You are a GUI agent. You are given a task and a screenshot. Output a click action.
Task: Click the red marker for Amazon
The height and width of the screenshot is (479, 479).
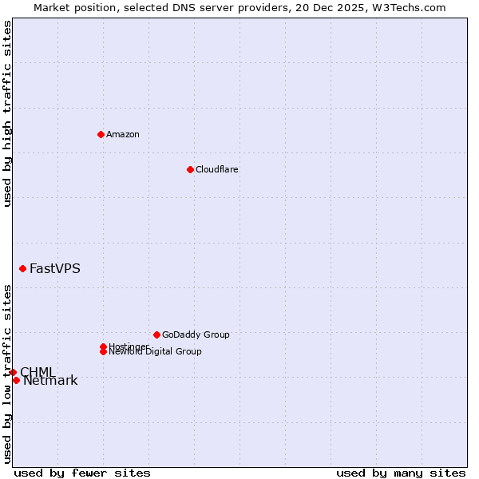[101, 134]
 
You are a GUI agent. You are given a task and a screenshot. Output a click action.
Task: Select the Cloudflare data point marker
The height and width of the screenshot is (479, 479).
[190, 169]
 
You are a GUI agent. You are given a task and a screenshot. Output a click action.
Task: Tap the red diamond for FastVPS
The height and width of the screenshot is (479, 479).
[22, 269]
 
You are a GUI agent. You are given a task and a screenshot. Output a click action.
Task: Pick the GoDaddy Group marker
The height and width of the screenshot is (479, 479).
[156, 335]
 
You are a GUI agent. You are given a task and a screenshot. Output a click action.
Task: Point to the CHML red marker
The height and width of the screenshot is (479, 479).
[13, 372]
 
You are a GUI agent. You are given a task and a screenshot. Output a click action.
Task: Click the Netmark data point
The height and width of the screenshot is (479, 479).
[16, 380]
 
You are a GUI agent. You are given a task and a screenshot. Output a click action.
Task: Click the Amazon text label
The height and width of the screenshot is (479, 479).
[123, 134]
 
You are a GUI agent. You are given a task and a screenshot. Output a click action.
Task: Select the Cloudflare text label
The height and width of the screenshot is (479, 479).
[216, 169]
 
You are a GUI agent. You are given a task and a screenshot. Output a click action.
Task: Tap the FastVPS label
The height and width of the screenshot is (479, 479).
[55, 269]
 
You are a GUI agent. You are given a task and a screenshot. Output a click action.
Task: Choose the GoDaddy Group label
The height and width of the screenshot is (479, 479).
[196, 335]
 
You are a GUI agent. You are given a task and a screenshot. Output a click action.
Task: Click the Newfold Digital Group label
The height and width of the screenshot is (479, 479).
[155, 352]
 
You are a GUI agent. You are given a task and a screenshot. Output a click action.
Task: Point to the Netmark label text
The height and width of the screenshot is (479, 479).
[50, 381]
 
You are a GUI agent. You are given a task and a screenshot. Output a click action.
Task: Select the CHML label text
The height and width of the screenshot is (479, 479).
[38, 372]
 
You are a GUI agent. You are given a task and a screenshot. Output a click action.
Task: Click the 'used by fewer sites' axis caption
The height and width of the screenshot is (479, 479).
[82, 473]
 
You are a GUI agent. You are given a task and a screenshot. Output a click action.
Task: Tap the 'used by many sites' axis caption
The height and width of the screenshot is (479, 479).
[401, 473]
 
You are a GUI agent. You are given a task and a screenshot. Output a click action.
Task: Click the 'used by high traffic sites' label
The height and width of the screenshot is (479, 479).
[7, 113]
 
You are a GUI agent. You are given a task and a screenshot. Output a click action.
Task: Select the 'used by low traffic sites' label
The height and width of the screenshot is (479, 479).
[7, 374]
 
